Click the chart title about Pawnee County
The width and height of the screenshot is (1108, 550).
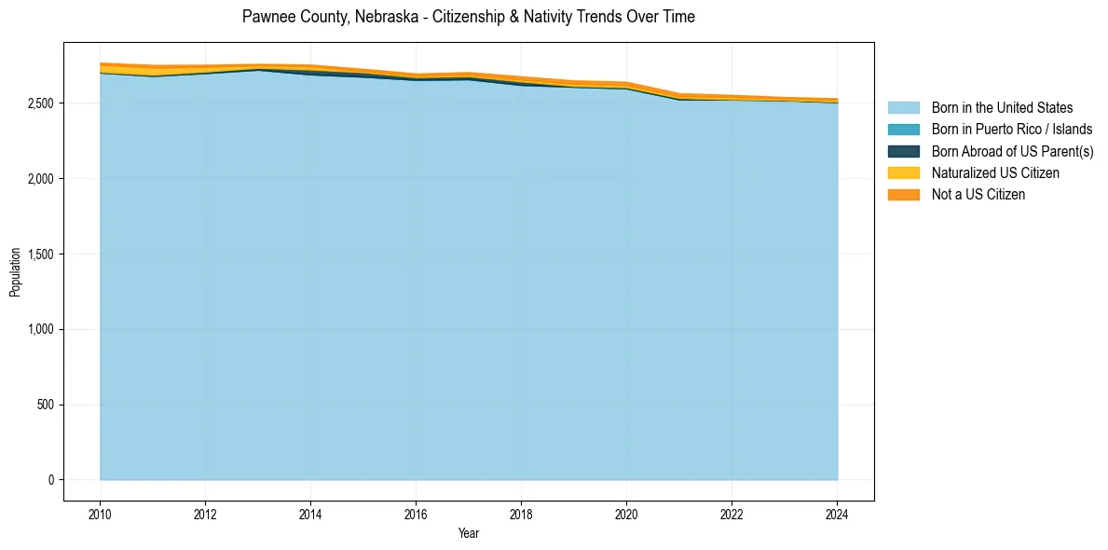(468, 17)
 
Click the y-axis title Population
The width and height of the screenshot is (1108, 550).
(15, 272)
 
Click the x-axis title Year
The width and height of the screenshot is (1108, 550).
(469, 533)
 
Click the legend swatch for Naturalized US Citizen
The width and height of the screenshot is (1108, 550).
(903, 173)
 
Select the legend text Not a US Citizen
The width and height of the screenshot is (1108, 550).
(978, 195)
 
